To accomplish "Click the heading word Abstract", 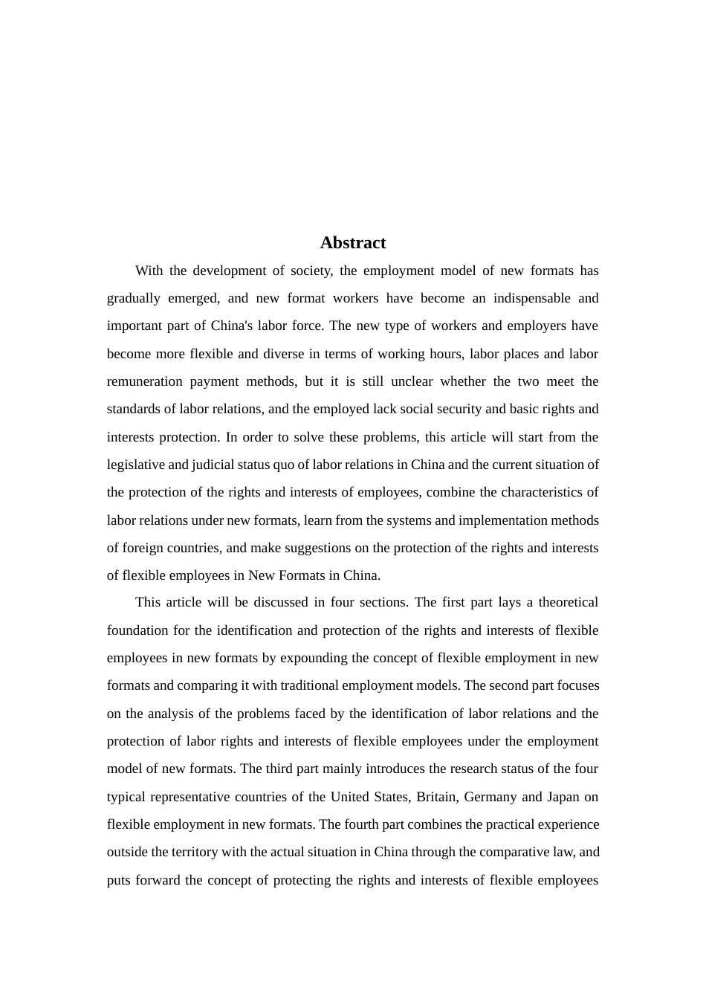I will tap(353, 243).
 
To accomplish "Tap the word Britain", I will tap(436, 797).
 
